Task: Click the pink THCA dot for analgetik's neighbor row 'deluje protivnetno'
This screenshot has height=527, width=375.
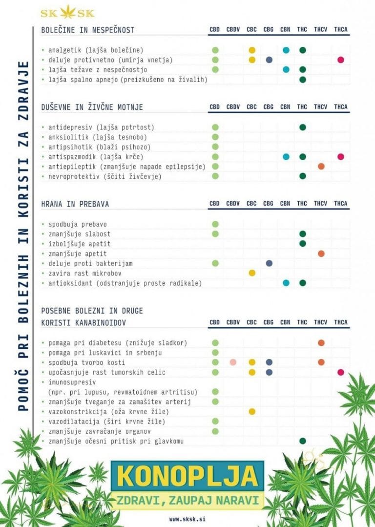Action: point(340,60)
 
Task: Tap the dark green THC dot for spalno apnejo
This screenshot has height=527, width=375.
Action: point(302,79)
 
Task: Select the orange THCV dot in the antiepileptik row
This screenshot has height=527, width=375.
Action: point(321,166)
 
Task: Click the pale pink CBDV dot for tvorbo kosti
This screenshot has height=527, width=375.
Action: point(233,362)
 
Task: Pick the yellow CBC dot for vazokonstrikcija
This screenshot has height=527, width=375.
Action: point(252,411)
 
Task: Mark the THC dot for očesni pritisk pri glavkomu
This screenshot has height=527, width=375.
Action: point(302,441)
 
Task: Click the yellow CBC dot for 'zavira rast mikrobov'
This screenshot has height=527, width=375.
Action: point(252,273)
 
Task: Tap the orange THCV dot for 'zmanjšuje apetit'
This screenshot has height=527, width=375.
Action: point(321,253)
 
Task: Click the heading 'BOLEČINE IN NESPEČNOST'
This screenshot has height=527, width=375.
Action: point(88,30)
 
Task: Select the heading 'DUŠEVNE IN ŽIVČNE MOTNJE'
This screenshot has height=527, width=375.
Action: point(92,107)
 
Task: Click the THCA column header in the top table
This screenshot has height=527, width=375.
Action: point(340,30)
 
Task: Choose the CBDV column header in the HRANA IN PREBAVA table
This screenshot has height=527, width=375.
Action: point(233,204)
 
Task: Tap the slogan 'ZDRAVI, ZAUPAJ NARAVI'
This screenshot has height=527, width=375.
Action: point(187,500)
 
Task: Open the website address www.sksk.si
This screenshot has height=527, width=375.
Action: point(187,519)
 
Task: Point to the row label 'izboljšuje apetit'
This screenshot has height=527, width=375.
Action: point(79,244)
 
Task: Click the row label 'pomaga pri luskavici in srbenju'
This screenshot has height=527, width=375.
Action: point(105,353)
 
